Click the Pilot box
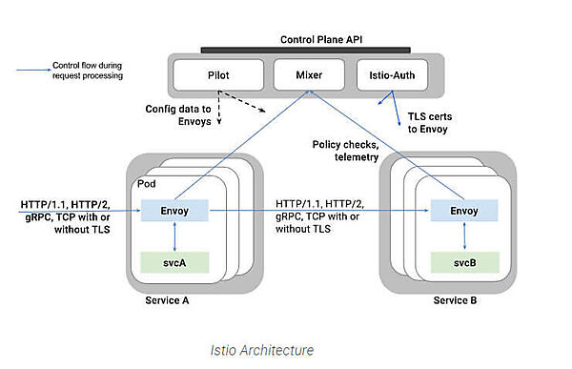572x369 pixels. point(218,72)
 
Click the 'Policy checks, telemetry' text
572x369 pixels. point(346,151)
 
